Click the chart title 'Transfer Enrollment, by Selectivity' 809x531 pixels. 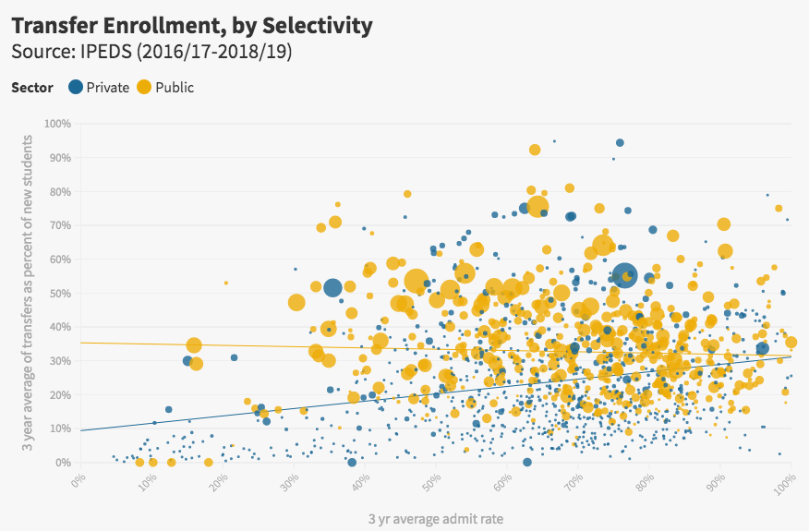(x=192, y=25)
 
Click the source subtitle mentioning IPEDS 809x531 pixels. (x=151, y=53)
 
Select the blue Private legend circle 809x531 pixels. (x=75, y=88)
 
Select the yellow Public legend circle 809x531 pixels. (x=144, y=88)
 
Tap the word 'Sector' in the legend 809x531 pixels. (x=31, y=88)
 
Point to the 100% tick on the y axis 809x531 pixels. (x=57, y=124)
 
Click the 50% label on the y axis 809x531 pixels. (x=60, y=293)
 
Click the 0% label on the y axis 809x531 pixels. (x=63, y=462)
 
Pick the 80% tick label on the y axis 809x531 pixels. (x=60, y=191)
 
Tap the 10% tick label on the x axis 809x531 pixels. (x=146, y=483)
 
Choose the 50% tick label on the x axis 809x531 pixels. (x=430, y=483)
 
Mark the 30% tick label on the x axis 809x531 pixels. (x=288, y=483)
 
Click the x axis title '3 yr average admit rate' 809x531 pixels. (x=436, y=519)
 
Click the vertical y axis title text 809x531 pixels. (x=28, y=293)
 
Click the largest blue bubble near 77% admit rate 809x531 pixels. (x=624, y=275)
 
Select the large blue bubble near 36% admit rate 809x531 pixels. (x=332, y=288)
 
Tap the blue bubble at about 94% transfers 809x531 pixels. (x=620, y=143)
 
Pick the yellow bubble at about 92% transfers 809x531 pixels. (x=535, y=150)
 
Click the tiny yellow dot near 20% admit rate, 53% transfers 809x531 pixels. (x=225, y=283)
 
